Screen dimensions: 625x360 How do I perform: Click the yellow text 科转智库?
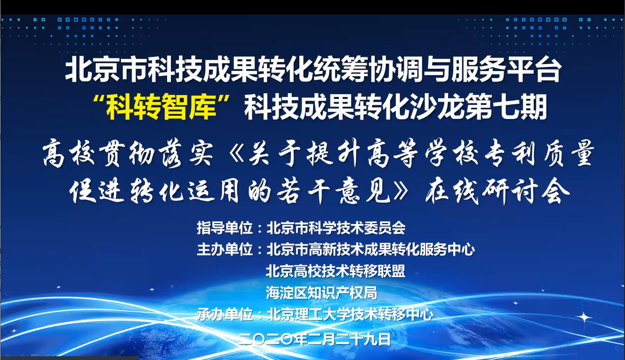(161, 107)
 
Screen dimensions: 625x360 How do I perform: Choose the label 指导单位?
(224, 228)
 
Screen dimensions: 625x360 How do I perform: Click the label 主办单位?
(224, 249)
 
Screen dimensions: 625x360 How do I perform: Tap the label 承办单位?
(224, 314)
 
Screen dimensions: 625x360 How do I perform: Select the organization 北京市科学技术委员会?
(336, 228)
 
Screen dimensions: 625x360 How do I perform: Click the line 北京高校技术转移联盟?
(336, 271)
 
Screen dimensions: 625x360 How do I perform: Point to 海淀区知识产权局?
(322, 293)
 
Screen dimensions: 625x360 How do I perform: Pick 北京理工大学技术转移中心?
(350, 314)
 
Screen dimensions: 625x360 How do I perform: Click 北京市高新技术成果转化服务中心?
(371, 249)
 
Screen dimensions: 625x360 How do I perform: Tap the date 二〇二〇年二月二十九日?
(315, 339)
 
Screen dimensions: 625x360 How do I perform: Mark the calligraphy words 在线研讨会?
(497, 192)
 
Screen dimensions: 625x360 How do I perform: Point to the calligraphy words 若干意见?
(333, 192)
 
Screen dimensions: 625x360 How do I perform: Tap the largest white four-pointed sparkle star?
(584, 318)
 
